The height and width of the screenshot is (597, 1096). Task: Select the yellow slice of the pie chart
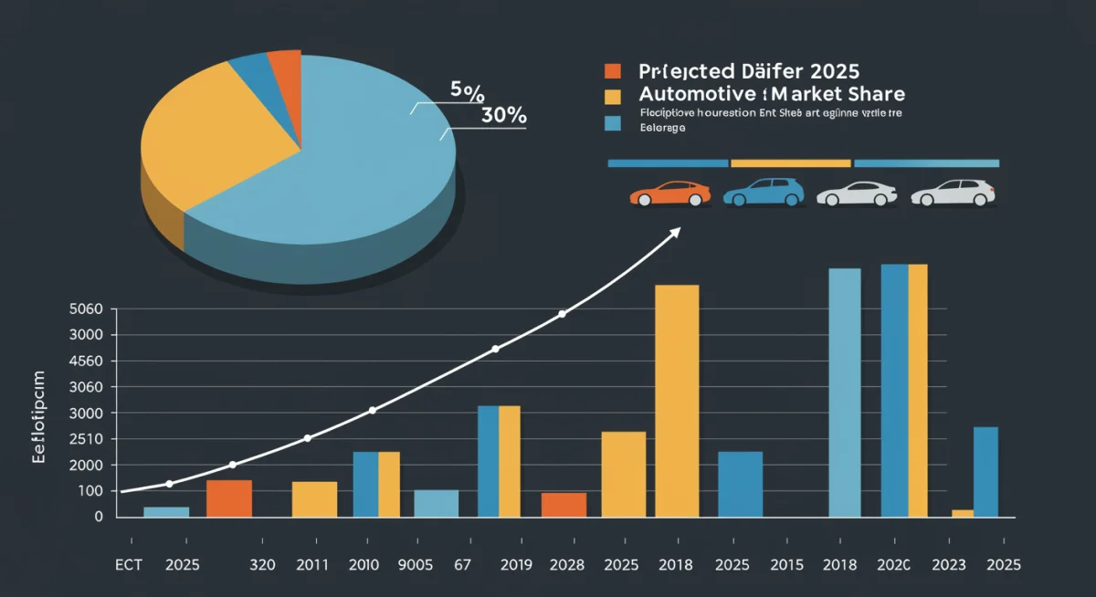tap(201, 137)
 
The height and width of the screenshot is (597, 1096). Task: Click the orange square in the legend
tap(612, 71)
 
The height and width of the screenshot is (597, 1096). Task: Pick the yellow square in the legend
tap(612, 95)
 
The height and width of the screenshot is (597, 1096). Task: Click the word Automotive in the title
tap(695, 94)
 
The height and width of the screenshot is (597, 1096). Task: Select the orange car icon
tap(669, 194)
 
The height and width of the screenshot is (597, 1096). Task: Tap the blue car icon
tap(764, 193)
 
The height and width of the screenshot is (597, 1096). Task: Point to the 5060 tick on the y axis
tap(87, 309)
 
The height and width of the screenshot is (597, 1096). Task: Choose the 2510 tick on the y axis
tap(87, 439)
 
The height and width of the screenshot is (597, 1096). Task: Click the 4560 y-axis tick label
tap(87, 361)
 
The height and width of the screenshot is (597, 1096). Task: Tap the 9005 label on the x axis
tap(417, 566)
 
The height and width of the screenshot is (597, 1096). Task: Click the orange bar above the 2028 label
tap(564, 505)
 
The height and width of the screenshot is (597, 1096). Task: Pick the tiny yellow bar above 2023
tap(963, 513)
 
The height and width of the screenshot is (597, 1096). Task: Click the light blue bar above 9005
tap(436, 503)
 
